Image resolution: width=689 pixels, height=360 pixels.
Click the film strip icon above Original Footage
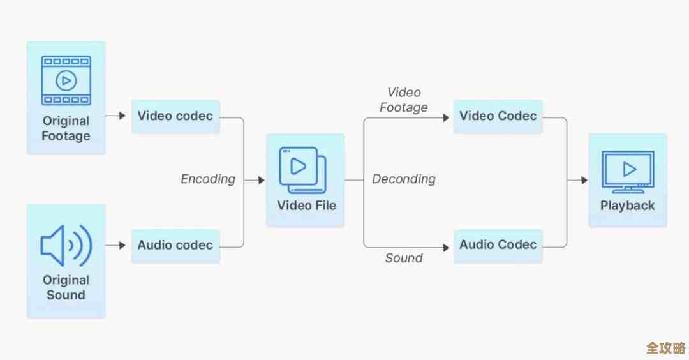pyautogui.click(x=65, y=80)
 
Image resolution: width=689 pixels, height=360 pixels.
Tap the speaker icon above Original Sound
pyautogui.click(x=66, y=244)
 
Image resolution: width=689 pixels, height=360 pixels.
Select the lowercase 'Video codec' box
pyautogui.click(x=175, y=116)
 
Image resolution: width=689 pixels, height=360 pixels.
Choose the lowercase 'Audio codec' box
pyautogui.click(x=175, y=245)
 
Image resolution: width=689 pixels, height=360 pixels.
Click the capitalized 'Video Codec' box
pyautogui.click(x=498, y=116)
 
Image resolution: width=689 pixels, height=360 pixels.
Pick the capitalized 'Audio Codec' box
pyautogui.click(x=498, y=245)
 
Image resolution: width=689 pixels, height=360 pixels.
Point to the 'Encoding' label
pyautogui.click(x=208, y=179)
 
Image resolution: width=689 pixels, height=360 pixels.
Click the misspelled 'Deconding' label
pyautogui.click(x=404, y=179)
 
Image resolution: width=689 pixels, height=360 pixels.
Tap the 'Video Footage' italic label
pyautogui.click(x=404, y=100)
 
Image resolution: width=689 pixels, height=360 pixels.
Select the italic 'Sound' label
pyautogui.click(x=404, y=259)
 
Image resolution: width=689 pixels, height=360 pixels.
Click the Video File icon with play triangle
pyautogui.click(x=302, y=170)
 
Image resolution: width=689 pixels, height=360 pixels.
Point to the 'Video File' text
pyautogui.click(x=306, y=206)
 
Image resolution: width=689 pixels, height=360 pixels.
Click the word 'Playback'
pyautogui.click(x=628, y=206)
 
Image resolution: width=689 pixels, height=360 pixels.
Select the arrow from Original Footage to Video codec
pyautogui.click(x=115, y=116)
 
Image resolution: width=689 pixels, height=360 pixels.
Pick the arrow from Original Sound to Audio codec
pyautogui.click(x=115, y=245)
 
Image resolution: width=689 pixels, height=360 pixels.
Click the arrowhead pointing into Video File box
pyautogui.click(x=261, y=181)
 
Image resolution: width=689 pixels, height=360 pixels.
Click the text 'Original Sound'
pyautogui.click(x=66, y=288)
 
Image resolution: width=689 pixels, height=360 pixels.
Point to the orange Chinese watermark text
pyautogui.click(x=665, y=349)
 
